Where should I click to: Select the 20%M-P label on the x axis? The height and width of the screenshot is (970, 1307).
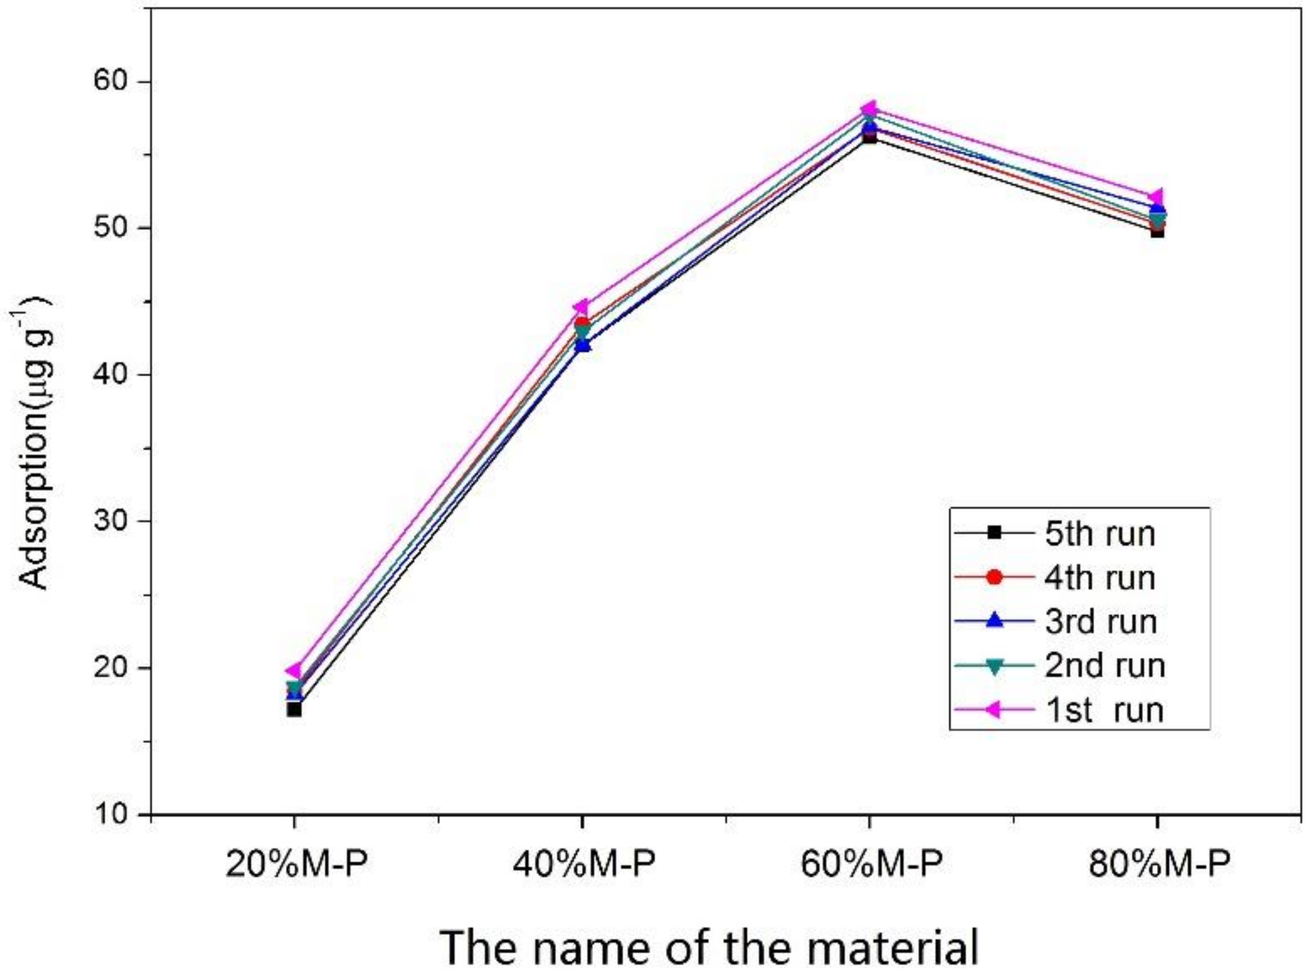coord(296,864)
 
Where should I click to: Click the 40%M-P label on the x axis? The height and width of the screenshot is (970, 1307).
coord(584,864)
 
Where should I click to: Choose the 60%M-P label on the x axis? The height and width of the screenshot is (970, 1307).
coord(871,864)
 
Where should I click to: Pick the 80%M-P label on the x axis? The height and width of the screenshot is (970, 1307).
coord(1159,864)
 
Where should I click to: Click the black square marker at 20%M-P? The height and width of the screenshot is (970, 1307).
coord(294,710)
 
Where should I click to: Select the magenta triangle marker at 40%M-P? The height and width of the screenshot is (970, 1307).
coord(581,307)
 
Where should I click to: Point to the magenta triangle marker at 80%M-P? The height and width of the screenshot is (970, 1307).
coord(1156,197)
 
